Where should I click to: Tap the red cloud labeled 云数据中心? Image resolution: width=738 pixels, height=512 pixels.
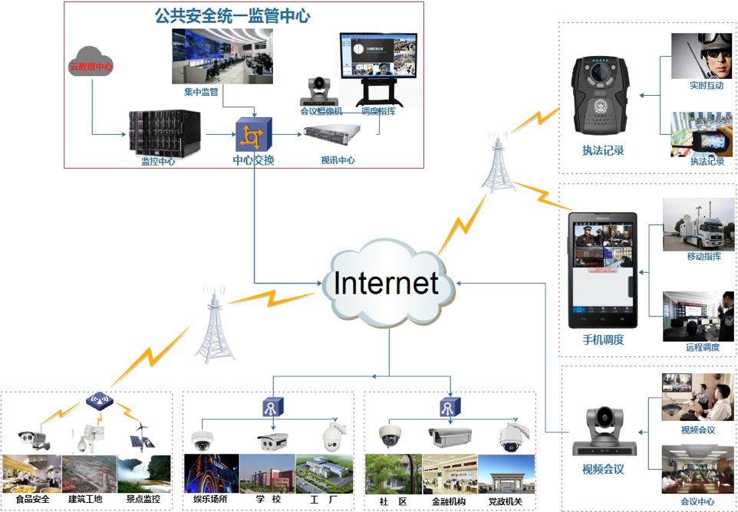tap(91, 66)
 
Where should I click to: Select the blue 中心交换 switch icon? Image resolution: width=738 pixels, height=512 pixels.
tap(253, 134)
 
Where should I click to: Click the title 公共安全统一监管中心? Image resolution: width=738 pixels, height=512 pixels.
tap(232, 15)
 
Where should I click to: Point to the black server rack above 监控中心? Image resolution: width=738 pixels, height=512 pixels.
tap(164, 131)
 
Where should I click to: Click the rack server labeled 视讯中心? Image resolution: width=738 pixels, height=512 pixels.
tap(331, 135)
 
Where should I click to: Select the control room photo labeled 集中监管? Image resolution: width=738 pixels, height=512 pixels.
tap(222, 56)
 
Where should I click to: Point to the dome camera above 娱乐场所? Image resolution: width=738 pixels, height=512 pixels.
tap(203, 440)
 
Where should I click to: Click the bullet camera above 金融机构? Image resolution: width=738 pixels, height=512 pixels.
tap(450, 437)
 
